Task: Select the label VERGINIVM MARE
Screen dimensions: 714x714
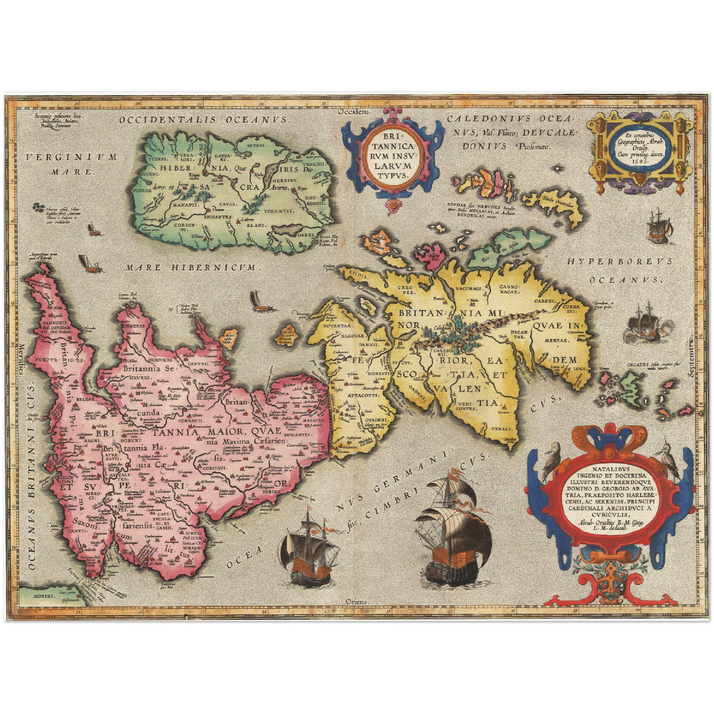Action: click(72, 165)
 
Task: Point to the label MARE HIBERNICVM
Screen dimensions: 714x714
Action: click(192, 267)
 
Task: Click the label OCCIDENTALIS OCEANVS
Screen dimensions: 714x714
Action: click(203, 120)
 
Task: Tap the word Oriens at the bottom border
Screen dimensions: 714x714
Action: click(357, 602)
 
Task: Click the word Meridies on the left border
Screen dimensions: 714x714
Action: click(21, 358)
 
